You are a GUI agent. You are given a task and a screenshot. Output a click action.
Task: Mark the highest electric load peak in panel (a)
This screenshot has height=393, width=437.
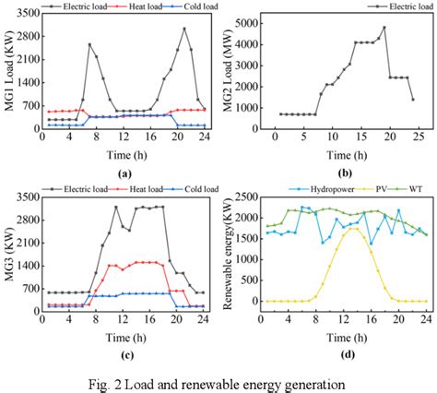point(184,28)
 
